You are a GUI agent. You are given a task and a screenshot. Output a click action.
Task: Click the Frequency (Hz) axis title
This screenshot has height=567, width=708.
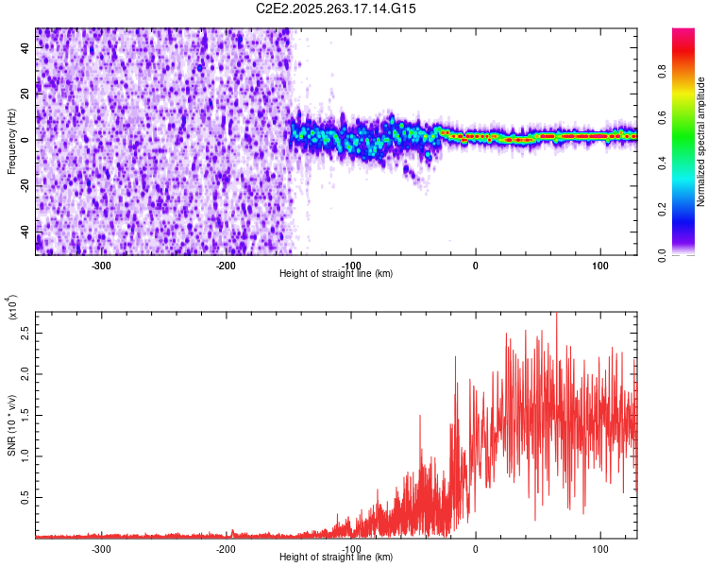point(11,142)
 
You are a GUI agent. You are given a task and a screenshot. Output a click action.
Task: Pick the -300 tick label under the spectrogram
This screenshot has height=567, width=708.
point(101,266)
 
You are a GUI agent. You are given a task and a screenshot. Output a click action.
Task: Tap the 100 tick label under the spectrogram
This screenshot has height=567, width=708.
point(600,266)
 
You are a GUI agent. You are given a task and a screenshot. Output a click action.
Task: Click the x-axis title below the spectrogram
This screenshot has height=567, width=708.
point(336,274)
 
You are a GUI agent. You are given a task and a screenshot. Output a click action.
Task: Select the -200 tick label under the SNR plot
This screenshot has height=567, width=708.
point(226,549)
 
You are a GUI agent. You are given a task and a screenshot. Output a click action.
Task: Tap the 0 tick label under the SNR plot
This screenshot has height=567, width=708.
point(476,549)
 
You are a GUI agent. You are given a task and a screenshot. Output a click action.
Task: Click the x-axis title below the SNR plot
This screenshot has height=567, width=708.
point(336,558)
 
